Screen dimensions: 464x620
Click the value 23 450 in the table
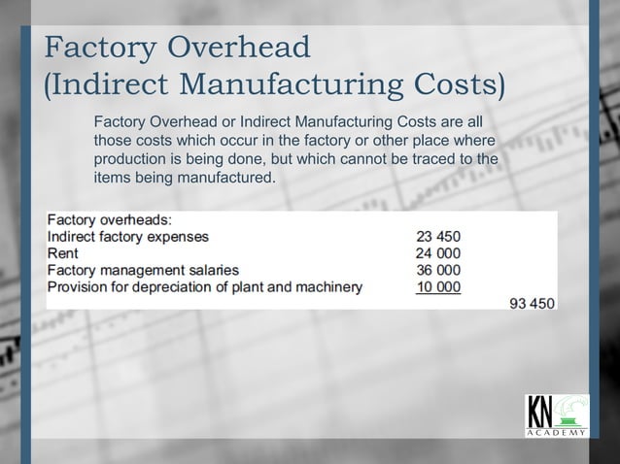[438, 236]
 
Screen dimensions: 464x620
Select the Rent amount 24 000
[438, 252]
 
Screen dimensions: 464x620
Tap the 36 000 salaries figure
[438, 269]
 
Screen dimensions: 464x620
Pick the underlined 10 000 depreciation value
[438, 286]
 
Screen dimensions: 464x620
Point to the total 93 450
[534, 303]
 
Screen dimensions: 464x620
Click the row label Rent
[63, 252]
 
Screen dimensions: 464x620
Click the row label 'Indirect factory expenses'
[127, 236]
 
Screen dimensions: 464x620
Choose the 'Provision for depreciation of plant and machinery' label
[205, 286]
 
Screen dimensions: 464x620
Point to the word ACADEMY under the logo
[555, 433]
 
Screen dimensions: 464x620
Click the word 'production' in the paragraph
[130, 159]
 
